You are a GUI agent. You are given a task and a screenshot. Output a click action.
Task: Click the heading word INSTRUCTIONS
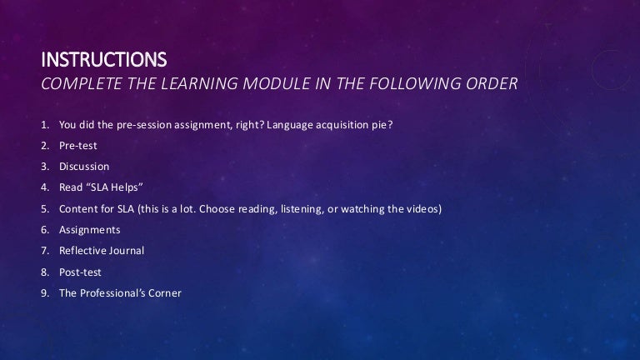click(104, 61)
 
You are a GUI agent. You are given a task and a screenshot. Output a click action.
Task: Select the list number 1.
click(44, 125)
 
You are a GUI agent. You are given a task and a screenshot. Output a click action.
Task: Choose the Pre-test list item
click(77, 146)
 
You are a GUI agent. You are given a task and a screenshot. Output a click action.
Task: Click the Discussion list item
click(83, 167)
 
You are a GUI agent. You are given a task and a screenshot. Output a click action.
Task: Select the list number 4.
click(44, 187)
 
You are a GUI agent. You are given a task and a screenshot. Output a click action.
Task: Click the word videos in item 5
click(420, 208)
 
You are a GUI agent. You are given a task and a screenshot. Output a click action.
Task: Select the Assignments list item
click(89, 229)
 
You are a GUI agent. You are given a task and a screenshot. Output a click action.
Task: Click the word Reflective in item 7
click(82, 250)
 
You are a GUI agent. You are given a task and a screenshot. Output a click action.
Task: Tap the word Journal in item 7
click(125, 250)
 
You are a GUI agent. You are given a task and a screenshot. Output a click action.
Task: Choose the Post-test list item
click(80, 271)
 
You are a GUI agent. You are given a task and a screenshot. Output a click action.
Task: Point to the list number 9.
click(44, 292)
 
